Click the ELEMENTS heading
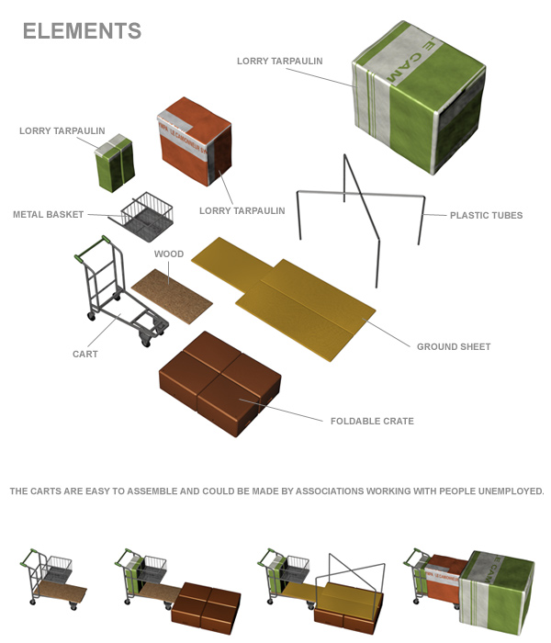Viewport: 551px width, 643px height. coord(82,30)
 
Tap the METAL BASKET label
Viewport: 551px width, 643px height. coord(48,215)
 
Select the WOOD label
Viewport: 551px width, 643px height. coord(169,254)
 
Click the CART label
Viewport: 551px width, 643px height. coord(85,354)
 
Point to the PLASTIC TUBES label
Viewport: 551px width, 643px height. coord(486,216)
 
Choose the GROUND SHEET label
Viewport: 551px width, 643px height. coord(454,347)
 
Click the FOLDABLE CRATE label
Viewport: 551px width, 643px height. coord(372,422)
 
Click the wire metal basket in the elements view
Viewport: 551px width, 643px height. coord(147,216)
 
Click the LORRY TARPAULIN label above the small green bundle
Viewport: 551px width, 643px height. coord(62,131)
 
